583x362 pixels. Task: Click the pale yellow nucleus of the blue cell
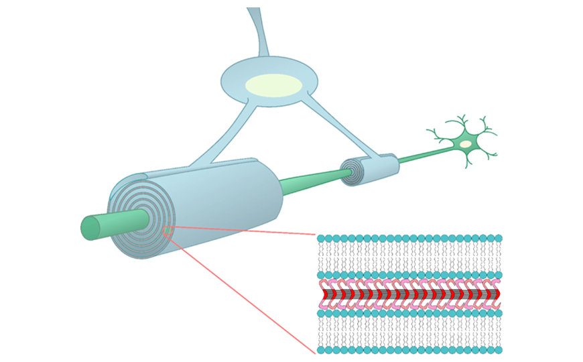[273, 85]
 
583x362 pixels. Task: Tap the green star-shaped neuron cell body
[464, 142]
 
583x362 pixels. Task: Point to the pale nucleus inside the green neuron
[465, 144]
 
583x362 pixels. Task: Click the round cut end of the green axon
[90, 228]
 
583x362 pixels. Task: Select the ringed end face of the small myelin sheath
[352, 172]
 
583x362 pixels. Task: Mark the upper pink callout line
[241, 231]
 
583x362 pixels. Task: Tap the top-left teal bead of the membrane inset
[321, 239]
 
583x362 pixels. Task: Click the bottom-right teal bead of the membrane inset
[498, 350]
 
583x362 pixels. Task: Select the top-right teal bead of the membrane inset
[498, 239]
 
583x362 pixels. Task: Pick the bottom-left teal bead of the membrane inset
[321, 350]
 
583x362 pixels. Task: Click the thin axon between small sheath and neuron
[422, 155]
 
